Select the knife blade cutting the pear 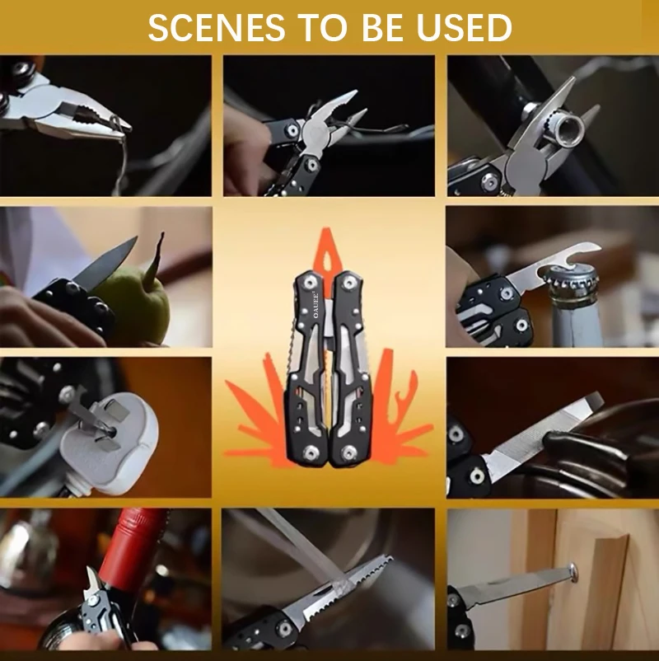click(105, 265)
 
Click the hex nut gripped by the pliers click(566, 124)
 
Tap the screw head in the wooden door click(572, 570)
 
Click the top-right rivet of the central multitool click(352, 283)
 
